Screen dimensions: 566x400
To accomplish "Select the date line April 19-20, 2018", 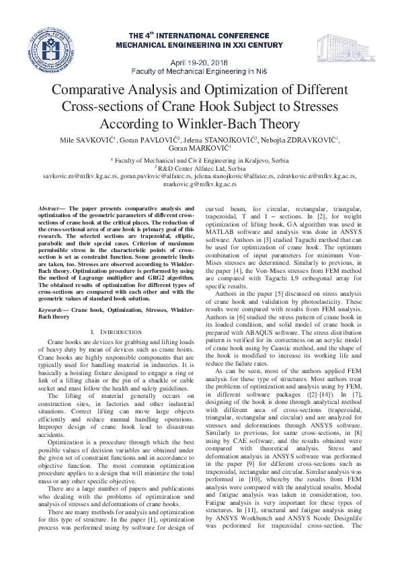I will pos(198,59).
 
